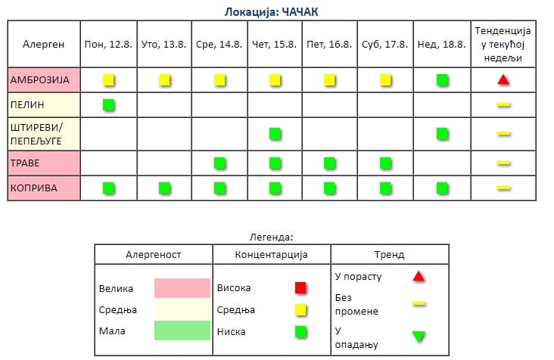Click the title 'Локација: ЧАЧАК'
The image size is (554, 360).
tap(272, 12)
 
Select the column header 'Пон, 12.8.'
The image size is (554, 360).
tap(108, 45)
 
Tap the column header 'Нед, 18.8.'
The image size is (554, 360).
tap(442, 45)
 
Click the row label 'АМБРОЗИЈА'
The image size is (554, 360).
tap(39, 80)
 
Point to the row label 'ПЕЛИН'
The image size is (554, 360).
tap(27, 105)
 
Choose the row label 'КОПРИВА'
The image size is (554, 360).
tap(33, 188)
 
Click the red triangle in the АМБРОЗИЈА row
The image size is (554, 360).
tap(503, 80)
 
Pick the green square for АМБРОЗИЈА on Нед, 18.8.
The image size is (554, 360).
tap(442, 80)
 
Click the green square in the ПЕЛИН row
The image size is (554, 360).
tap(108, 105)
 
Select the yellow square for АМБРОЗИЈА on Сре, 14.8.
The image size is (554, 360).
tap(219, 80)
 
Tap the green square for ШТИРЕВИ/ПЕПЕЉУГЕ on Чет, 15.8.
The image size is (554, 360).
tap(275, 134)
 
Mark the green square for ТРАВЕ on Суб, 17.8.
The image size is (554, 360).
tap(385, 163)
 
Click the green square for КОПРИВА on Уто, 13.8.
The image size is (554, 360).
tap(164, 188)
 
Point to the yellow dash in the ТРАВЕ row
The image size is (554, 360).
tap(503, 163)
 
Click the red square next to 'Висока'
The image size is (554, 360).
tap(300, 288)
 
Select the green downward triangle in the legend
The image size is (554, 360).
tap(419, 336)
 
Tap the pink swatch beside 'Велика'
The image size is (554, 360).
tap(182, 288)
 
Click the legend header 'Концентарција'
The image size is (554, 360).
tap(272, 254)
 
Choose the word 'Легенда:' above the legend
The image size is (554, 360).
tap(272, 237)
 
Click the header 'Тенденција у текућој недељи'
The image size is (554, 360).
tap(503, 45)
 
